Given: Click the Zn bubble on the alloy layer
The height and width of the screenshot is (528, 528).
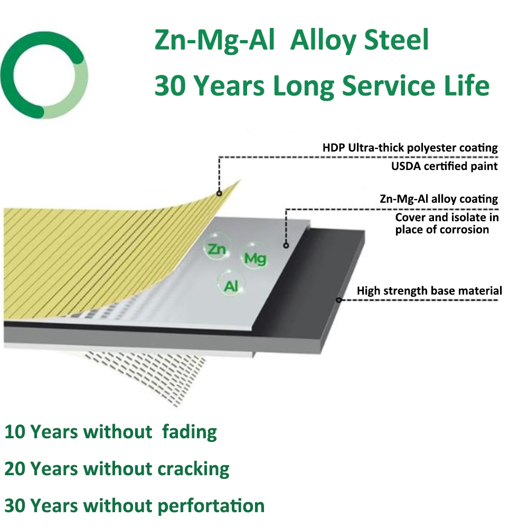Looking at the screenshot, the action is tap(217, 249).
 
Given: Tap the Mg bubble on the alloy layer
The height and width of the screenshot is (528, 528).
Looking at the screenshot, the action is tap(255, 258).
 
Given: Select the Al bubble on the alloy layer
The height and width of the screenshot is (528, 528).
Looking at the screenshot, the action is tap(231, 286).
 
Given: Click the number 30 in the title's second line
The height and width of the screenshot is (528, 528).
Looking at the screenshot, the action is tap(170, 86).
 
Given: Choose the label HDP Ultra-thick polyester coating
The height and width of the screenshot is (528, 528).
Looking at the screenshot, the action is tap(410, 148).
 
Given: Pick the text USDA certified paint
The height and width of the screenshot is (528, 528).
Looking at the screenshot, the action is tap(444, 166).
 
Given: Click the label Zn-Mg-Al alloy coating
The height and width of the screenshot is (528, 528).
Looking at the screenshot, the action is tap(439, 199).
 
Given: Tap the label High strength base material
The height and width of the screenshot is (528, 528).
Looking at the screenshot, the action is tap(429, 290).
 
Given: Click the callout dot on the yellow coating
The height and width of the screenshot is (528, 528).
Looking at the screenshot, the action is tap(219, 193).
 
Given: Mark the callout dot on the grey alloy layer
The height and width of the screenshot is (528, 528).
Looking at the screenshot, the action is tap(286, 246).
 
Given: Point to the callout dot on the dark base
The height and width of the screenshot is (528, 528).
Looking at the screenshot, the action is tap(339, 300).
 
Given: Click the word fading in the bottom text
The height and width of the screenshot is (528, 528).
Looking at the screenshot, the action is tap(190, 432).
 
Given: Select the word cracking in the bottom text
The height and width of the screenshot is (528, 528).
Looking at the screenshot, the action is tap(194, 469).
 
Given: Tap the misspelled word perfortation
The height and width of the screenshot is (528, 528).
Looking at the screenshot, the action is tap(211, 506).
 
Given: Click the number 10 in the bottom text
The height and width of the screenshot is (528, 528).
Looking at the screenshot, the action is tap(15, 432).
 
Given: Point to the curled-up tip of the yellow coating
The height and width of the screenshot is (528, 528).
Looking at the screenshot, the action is tap(240, 181).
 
